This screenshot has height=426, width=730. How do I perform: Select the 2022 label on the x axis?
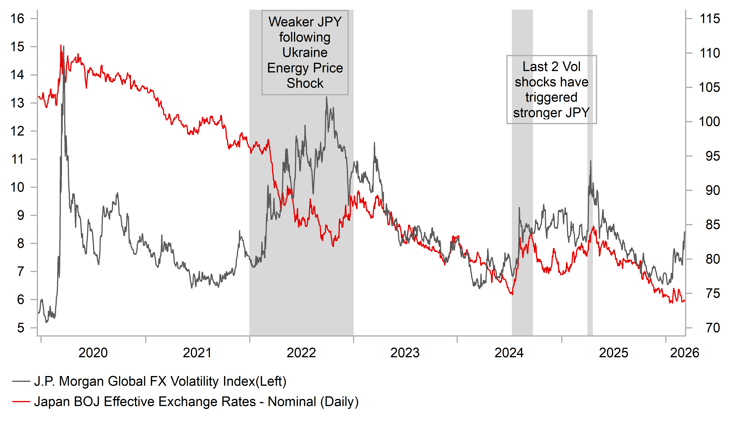[301, 353]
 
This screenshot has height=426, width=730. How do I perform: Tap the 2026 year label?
[684, 353]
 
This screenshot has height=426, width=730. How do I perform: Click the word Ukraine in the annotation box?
[305, 53]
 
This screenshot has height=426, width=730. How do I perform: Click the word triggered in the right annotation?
[551, 97]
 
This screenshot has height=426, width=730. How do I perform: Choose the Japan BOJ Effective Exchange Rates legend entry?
[196, 402]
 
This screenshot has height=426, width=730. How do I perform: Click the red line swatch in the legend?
[21, 402]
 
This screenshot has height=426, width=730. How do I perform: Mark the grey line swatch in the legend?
[21, 381]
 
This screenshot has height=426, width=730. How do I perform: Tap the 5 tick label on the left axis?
[21, 328]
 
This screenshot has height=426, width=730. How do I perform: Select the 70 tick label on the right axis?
[713, 328]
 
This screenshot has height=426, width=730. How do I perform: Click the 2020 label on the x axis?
[93, 353]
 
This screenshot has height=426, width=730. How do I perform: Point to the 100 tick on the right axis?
[709, 122]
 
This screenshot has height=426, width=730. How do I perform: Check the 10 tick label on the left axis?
[17, 187]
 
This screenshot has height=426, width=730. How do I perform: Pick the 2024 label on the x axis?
[509, 353]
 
